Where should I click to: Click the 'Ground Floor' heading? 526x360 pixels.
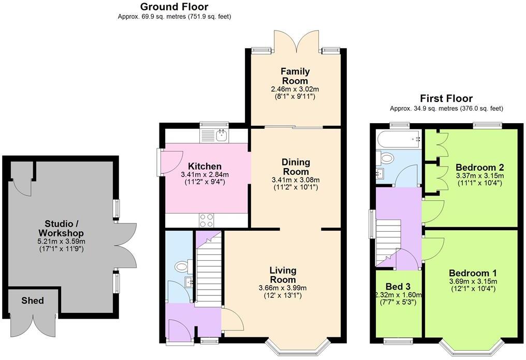coord(174,7)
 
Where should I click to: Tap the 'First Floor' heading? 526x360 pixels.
coord(446,98)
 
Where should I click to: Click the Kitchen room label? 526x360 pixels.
coord(204,167)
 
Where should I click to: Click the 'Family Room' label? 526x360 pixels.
coord(295,76)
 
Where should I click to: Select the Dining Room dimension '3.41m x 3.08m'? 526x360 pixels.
coord(296,180)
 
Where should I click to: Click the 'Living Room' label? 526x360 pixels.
coord(283,275)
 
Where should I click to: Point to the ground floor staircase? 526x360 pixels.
coord(208,269)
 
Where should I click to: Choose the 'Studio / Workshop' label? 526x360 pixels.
coord(62,229)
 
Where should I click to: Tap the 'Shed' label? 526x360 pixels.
coord(33,301)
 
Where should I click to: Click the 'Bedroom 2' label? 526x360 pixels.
coord(479,168)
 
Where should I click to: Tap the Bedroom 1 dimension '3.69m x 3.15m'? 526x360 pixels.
coord(473,281)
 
